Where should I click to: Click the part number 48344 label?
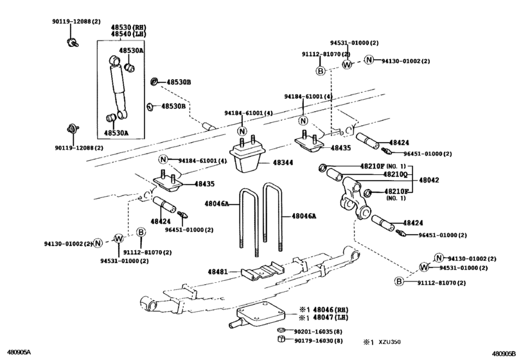[283, 163]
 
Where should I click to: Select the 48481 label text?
[218, 271]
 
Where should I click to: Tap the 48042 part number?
[429, 180]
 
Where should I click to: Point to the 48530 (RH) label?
[128, 27]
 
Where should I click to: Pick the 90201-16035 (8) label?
[318, 332]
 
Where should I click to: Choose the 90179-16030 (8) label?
[319, 341]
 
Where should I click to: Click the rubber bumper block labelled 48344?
[247, 158]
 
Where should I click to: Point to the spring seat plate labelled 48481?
[263, 271]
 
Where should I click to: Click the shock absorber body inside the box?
[118, 87]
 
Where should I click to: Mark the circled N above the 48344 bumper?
[242, 131]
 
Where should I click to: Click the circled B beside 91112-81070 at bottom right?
[399, 282]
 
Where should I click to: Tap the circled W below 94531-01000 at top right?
[346, 64]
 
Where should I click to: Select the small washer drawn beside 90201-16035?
[281, 330]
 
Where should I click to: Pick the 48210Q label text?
[395, 174]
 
